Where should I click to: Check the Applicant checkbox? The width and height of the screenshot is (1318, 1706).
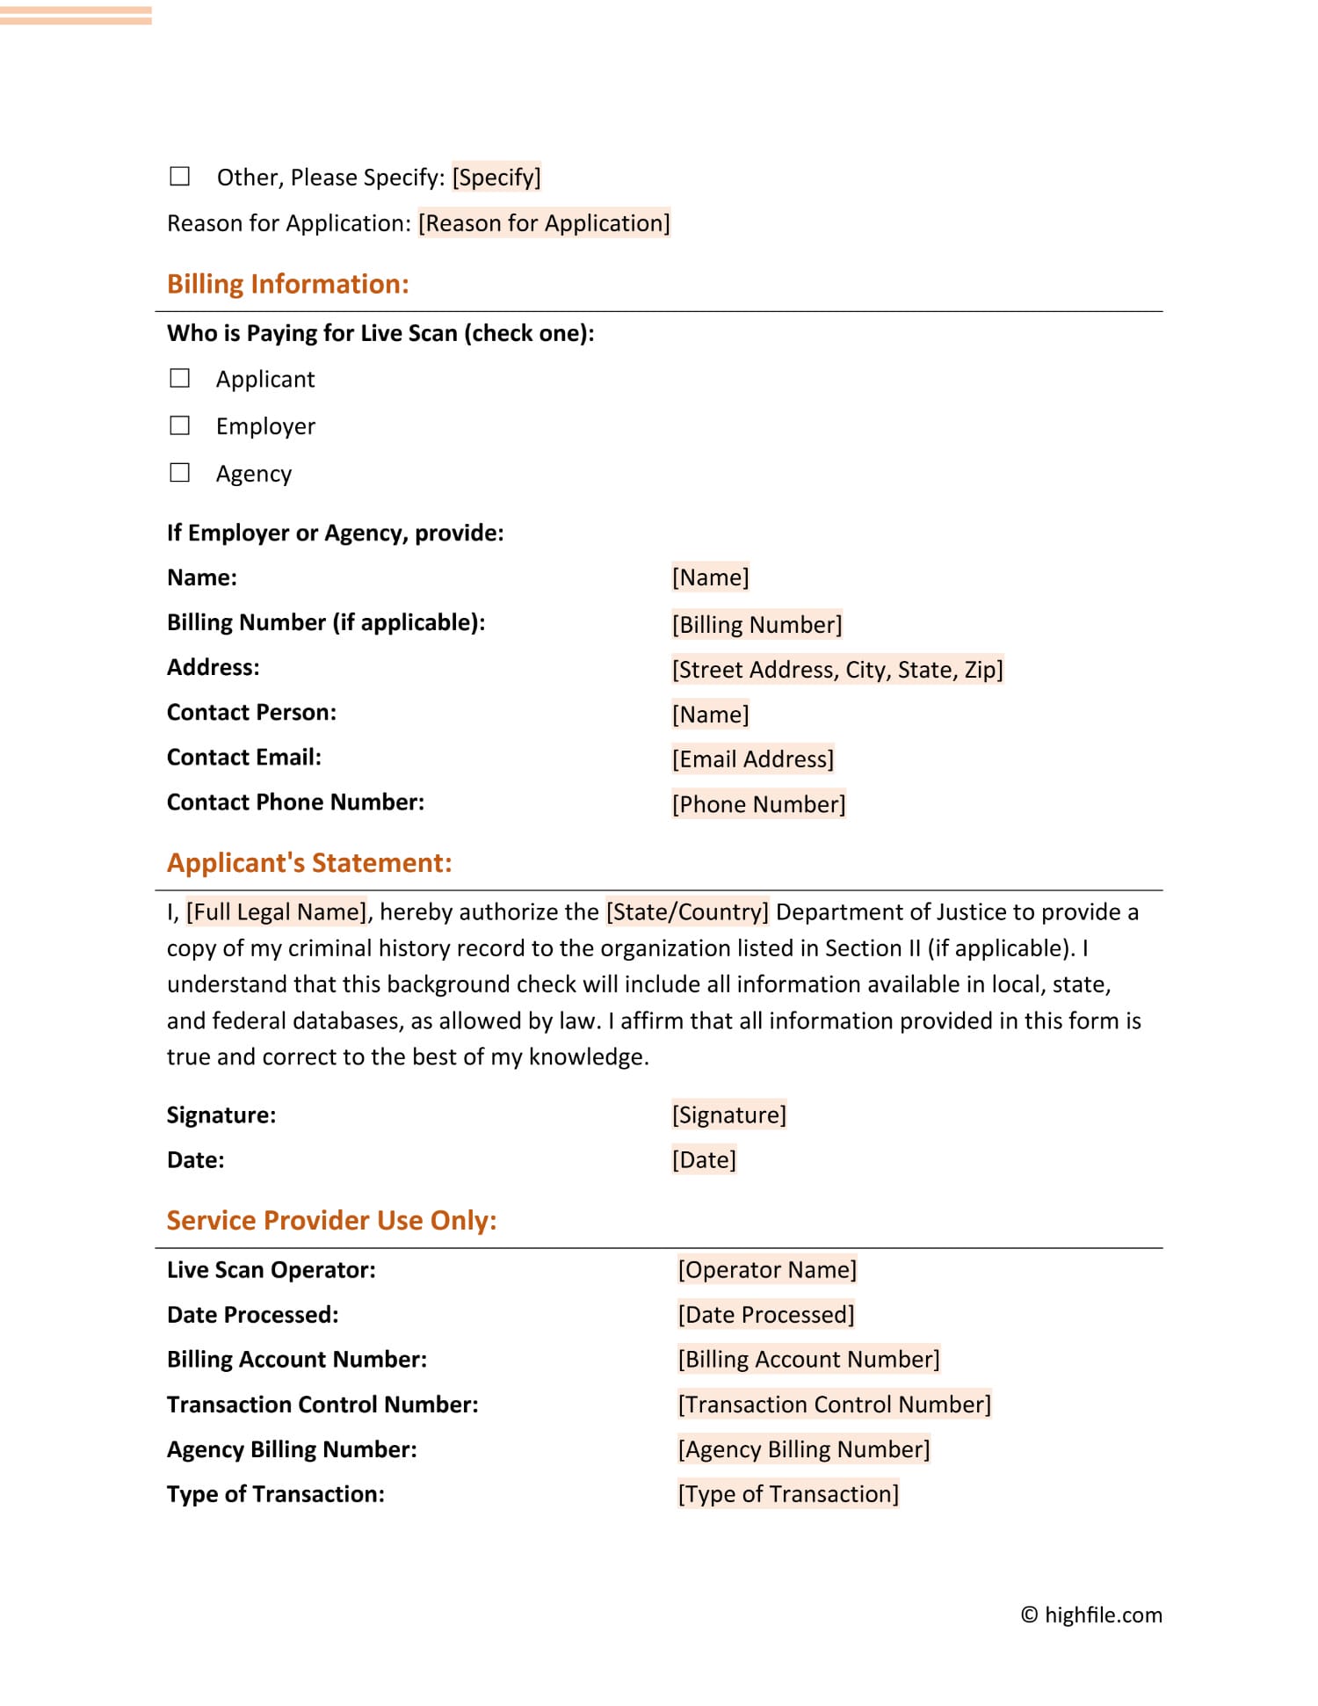179,379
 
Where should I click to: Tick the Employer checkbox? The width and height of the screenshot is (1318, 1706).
179,426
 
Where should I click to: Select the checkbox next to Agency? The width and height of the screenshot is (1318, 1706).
179,474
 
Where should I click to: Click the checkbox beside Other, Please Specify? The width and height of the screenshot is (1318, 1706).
179,177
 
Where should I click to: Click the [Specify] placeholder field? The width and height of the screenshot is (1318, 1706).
496,178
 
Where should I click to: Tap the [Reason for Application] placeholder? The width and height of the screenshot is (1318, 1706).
544,223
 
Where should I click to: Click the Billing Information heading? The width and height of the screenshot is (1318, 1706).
288,284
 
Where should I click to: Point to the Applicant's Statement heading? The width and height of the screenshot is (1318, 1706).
309,862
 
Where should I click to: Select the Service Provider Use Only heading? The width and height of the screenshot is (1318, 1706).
331,1220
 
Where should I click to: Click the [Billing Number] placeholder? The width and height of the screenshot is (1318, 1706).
757,625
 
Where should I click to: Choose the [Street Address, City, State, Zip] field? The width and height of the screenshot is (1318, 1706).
837,670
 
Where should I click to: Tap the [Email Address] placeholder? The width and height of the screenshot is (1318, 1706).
753,759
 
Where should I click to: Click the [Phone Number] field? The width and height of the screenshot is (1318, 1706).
758,804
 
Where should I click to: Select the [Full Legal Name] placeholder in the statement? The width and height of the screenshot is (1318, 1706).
277,912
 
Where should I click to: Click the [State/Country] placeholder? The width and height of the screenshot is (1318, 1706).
687,912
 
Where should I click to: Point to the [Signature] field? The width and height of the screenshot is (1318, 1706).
729,1115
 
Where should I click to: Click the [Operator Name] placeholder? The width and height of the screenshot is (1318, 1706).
767,1270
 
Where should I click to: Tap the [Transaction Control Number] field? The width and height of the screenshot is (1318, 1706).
834,1405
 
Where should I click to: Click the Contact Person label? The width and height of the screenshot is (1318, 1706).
251,713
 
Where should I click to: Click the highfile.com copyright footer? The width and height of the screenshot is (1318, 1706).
1091,1615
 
